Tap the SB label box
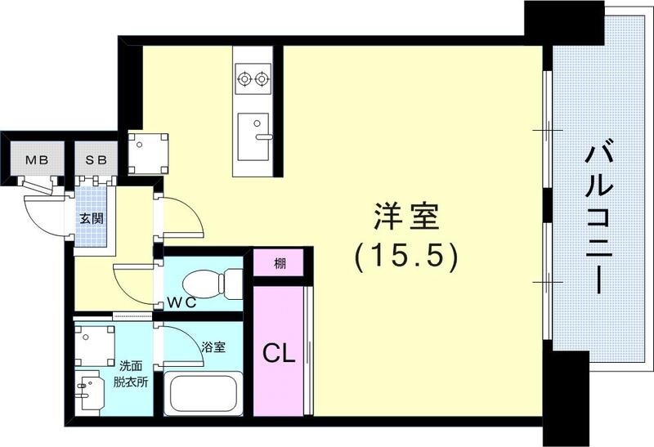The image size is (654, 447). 96,159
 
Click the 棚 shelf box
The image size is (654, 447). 280,263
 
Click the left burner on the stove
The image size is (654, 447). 243,79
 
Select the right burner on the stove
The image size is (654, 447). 262,79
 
